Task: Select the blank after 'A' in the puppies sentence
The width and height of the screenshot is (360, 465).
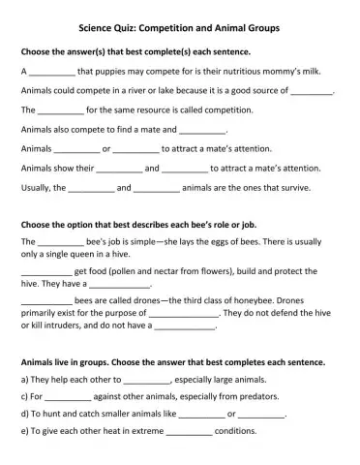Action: pos(51,73)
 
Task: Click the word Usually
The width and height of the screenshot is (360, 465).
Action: pos(37,187)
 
